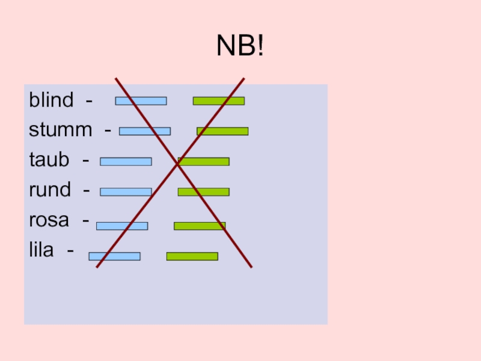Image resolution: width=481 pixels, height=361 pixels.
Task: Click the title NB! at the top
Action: [240, 46]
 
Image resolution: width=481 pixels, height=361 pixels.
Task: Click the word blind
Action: [51, 100]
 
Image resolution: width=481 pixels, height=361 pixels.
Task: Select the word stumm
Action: [61, 129]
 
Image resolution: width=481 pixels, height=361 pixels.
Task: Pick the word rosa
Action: [49, 221]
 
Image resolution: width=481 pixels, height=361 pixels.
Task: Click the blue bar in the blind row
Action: [141, 101]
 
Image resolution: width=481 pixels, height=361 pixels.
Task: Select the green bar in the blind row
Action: [218, 101]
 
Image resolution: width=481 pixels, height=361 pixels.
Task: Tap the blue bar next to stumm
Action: [145, 131]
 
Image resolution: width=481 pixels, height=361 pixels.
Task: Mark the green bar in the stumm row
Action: [222, 131]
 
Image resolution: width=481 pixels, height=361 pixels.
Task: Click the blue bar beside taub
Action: [126, 161]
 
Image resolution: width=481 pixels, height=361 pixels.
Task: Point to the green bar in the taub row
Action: [204, 161]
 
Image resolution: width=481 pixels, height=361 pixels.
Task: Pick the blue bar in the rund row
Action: [126, 192]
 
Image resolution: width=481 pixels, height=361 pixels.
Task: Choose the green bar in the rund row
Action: [203, 192]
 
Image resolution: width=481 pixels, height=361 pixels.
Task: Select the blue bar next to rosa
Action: [122, 226]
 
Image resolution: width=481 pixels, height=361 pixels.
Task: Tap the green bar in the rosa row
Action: [200, 226]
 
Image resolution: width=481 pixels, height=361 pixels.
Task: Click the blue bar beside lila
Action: [114, 256]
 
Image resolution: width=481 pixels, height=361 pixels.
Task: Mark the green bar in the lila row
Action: [192, 256]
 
